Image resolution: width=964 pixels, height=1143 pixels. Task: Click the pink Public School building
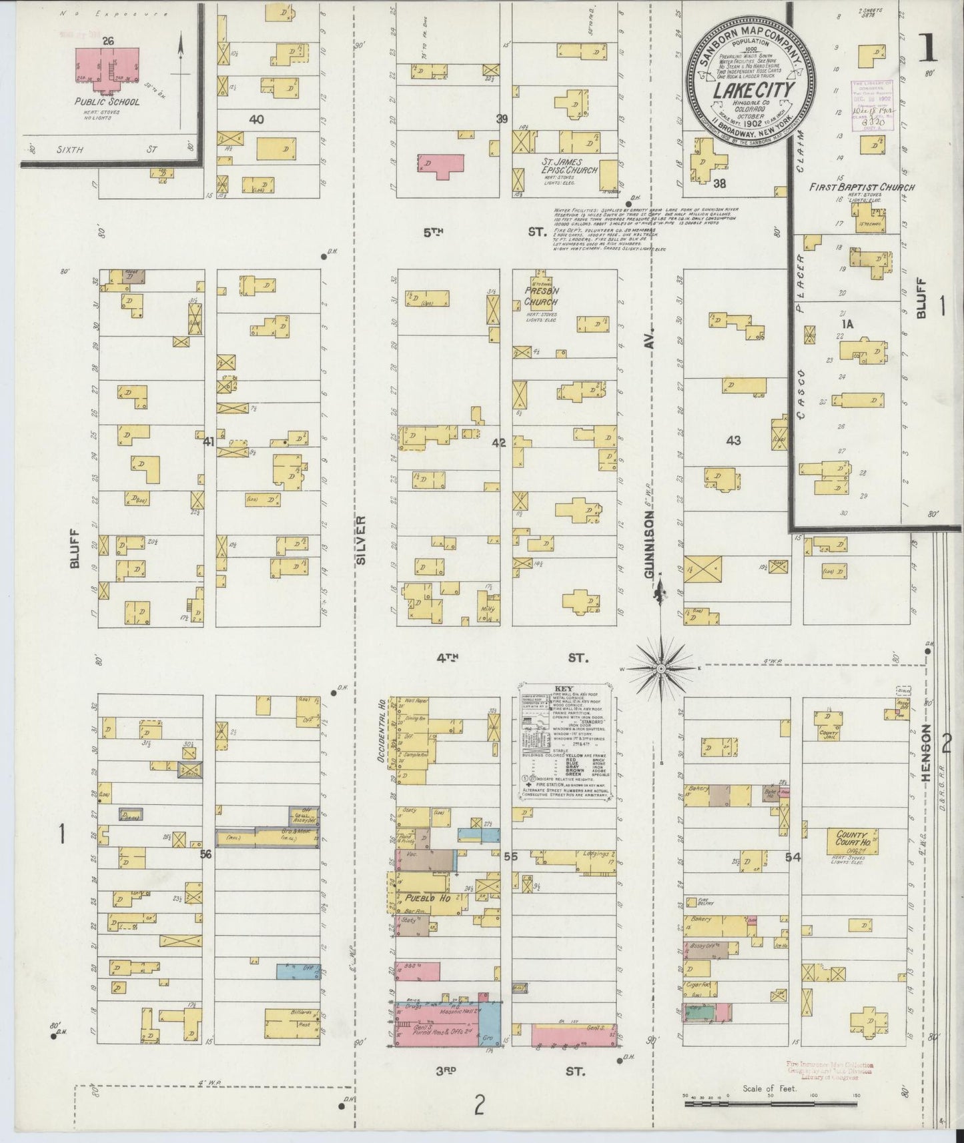tap(109, 67)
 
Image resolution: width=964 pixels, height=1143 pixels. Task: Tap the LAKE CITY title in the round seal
tap(745, 91)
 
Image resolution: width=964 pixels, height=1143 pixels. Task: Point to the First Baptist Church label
tap(861, 187)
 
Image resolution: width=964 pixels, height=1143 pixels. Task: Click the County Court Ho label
tap(847, 838)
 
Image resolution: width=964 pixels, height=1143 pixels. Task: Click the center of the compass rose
tap(661, 668)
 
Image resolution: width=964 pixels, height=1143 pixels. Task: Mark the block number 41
tap(209, 440)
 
